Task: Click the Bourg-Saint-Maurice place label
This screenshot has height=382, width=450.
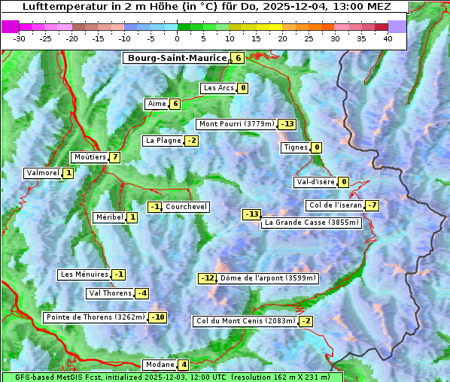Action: (x=177, y=58)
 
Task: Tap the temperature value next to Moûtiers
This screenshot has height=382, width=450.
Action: (x=114, y=157)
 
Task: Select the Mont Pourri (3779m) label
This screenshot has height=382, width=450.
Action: (x=236, y=124)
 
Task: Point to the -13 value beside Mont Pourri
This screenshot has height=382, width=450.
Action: (x=287, y=124)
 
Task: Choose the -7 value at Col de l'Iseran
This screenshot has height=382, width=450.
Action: (x=372, y=205)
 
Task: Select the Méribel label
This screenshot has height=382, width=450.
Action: (x=108, y=217)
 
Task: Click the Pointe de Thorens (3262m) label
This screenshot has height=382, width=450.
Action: (x=95, y=317)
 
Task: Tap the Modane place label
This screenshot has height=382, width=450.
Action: (x=160, y=365)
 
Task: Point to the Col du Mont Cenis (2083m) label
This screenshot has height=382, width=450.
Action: (x=245, y=321)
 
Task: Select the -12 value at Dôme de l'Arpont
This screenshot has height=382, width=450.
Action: (x=207, y=278)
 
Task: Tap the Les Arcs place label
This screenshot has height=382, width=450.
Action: (x=218, y=88)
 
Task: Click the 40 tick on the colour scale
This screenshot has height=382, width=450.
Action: (x=388, y=38)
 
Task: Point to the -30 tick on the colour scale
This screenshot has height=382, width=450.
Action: (x=20, y=38)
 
